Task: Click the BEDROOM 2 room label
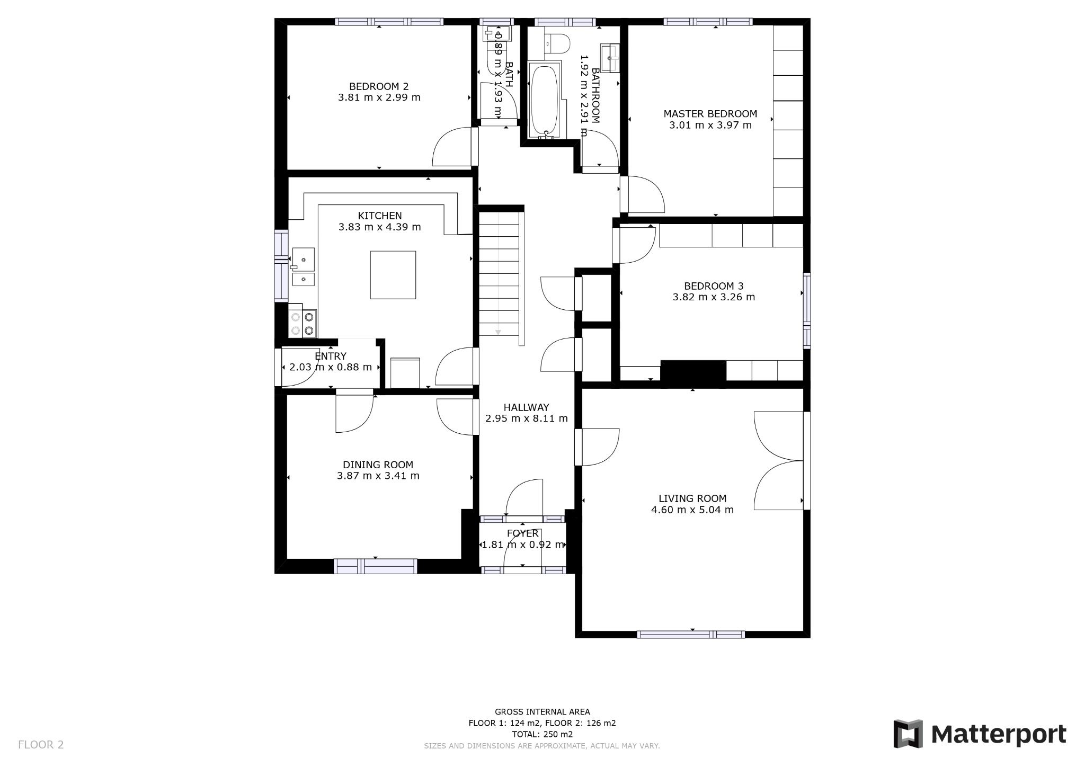point(379,86)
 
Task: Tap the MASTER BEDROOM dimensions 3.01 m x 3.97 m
point(710,126)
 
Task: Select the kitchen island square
point(393,275)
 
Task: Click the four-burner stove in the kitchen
point(303,324)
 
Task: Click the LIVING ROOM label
point(692,498)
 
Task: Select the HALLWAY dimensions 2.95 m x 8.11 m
point(526,418)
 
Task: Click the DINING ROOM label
point(378,465)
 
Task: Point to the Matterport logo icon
point(908,734)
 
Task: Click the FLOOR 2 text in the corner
point(41,745)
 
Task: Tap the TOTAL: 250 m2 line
point(542,734)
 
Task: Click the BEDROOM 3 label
point(713,286)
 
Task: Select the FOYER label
point(522,533)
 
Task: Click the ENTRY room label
point(330,356)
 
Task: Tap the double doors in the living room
point(779,460)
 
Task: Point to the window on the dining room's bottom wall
point(375,566)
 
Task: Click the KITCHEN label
point(379,216)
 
